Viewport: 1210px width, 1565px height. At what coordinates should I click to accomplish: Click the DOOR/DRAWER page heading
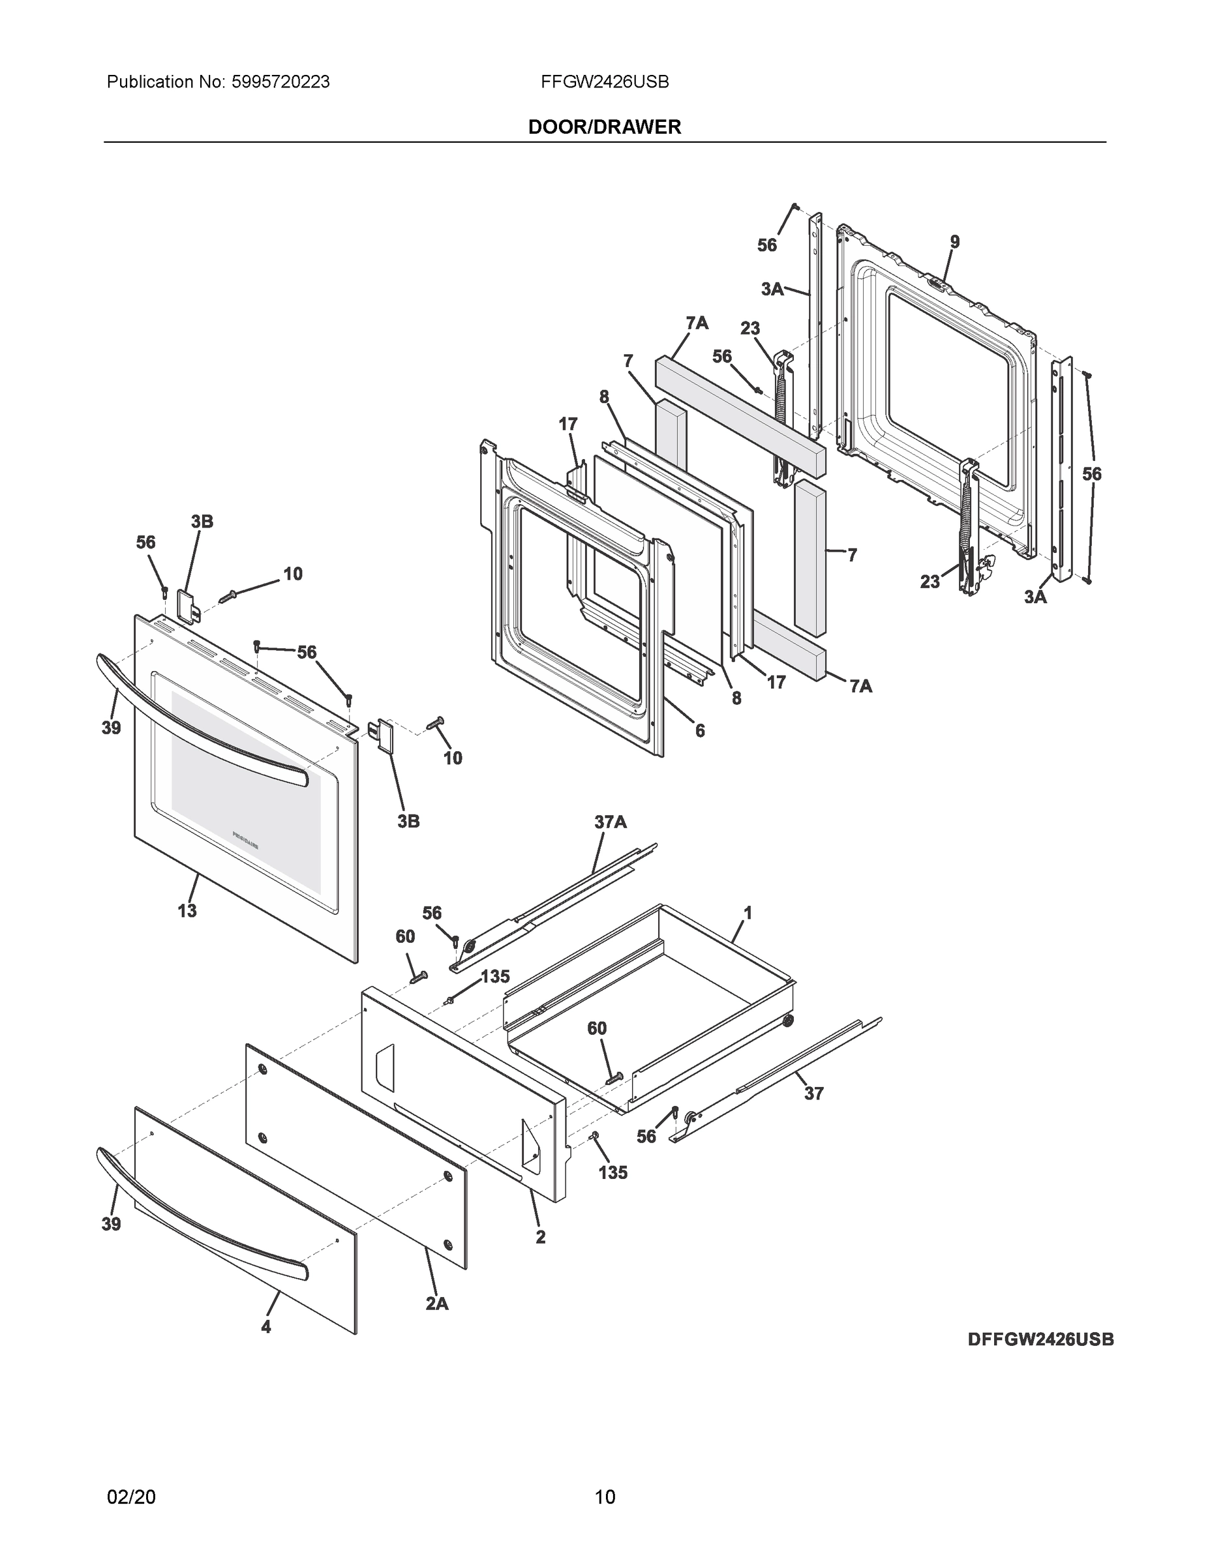coord(604,127)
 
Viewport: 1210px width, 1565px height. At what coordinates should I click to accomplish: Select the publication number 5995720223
coord(280,82)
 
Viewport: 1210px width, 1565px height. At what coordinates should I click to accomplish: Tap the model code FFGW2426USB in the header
coord(605,82)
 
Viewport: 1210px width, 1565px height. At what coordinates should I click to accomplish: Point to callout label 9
coord(955,242)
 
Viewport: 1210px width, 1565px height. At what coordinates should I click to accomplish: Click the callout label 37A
coord(610,822)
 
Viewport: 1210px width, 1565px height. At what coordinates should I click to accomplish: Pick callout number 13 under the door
coord(187,911)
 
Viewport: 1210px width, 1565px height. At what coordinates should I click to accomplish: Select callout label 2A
coord(436,1304)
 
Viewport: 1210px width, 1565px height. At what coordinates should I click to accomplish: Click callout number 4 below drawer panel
coord(266,1326)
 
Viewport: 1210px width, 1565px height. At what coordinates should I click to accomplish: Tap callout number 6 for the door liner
coord(700,730)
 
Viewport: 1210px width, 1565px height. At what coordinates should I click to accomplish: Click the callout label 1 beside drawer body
coord(748,913)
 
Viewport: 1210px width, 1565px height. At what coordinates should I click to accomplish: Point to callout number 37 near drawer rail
coord(813,1093)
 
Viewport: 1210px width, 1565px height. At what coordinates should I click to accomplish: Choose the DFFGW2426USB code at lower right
coord(1041,1339)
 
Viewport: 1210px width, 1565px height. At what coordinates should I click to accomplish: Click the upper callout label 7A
coord(697,323)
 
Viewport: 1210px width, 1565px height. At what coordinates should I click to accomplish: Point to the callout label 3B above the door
coord(202,522)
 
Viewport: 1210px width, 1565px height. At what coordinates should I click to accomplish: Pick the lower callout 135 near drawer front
coord(613,1172)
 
